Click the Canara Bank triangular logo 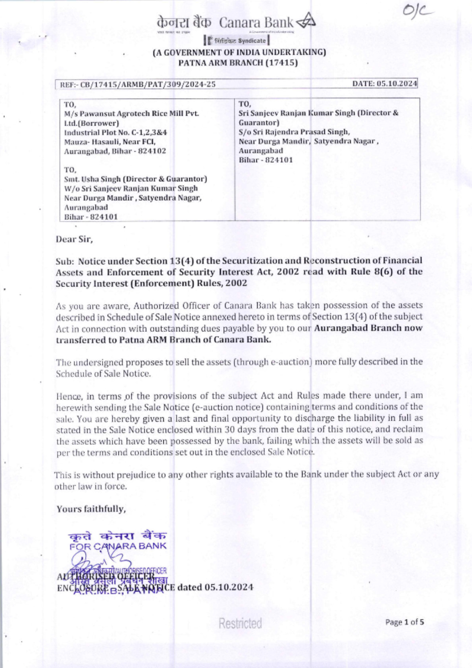click(x=305, y=21)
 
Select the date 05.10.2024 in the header click(x=396, y=84)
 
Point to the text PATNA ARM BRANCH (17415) click(x=238, y=62)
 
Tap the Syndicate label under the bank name click(x=252, y=41)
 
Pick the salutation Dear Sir click(x=74, y=239)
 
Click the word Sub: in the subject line click(x=65, y=261)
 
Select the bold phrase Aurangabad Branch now click(x=368, y=328)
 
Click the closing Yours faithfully click(x=91, y=509)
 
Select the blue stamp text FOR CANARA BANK click(x=118, y=546)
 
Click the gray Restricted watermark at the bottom click(x=240, y=623)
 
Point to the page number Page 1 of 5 click(x=405, y=622)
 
